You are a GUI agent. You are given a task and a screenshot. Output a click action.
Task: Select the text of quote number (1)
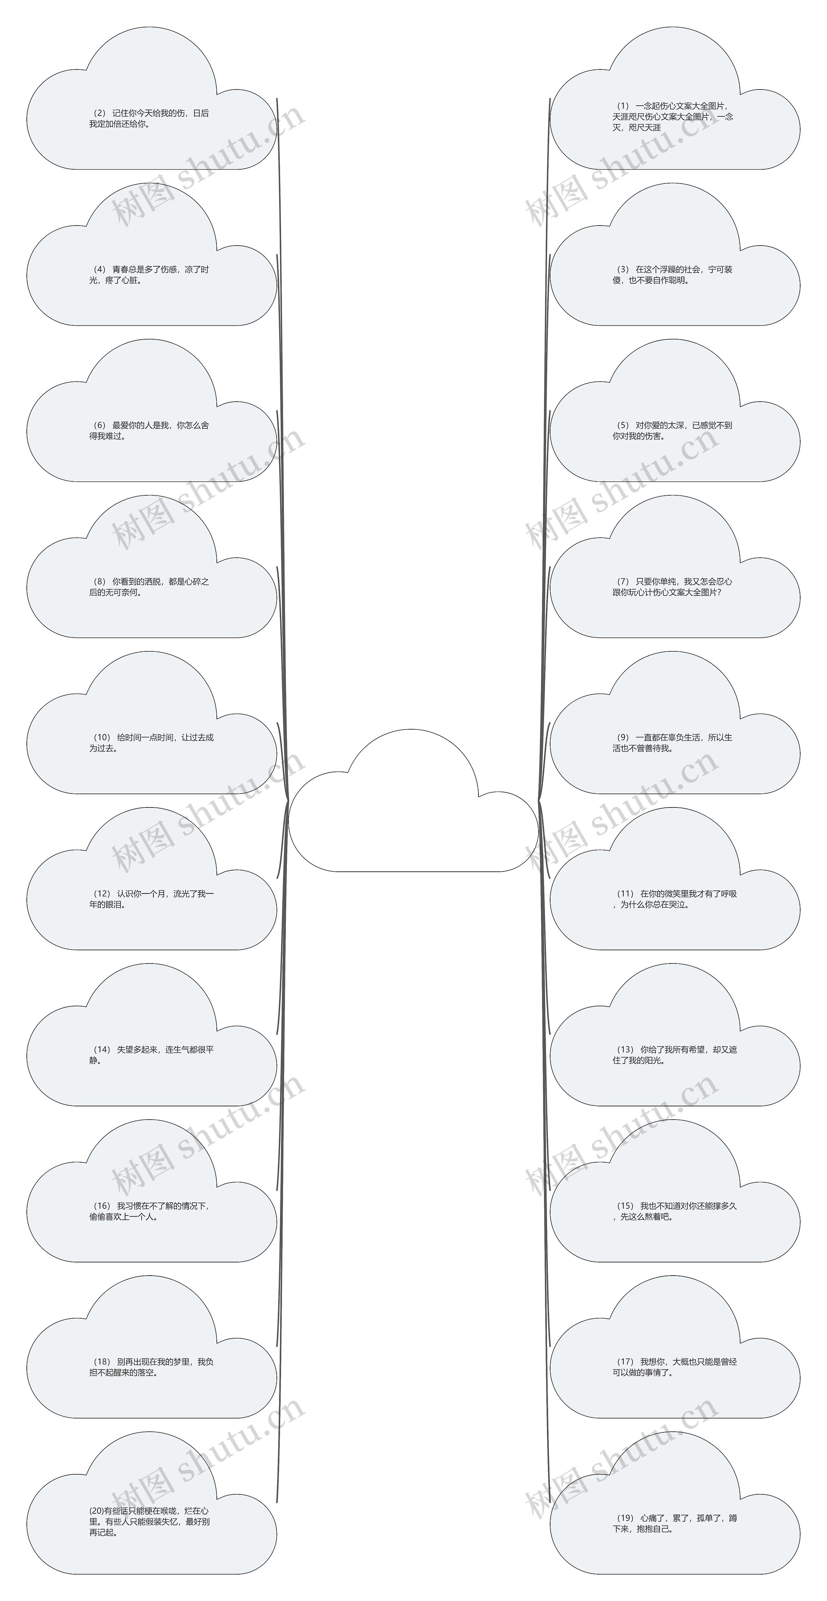(x=673, y=116)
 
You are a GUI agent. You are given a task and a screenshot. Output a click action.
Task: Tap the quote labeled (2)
(x=149, y=118)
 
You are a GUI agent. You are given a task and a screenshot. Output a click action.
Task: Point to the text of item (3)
(x=673, y=275)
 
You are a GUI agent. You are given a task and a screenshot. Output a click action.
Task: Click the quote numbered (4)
(x=149, y=275)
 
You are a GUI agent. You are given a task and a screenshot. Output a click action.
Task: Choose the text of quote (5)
(x=673, y=431)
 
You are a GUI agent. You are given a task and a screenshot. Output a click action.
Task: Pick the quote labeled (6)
(x=149, y=431)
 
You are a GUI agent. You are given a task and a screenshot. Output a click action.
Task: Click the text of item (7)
(x=673, y=587)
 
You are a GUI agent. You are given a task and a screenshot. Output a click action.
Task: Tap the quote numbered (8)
(x=149, y=587)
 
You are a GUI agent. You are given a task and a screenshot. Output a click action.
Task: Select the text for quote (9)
(x=673, y=743)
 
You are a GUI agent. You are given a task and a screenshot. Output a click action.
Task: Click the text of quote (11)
(x=675, y=899)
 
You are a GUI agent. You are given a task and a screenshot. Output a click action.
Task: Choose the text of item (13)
(x=675, y=1055)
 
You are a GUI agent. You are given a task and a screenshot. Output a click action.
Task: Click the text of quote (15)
(x=675, y=1211)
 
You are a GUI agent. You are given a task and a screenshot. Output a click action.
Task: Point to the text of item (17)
(x=675, y=1367)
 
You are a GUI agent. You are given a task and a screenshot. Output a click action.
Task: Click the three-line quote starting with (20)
(x=149, y=1522)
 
